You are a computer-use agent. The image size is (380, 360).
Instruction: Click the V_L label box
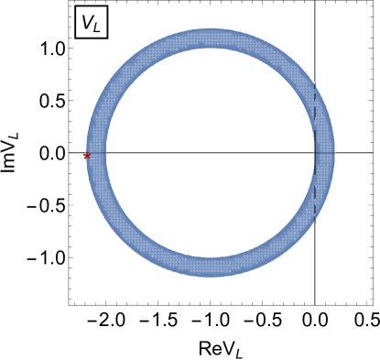pos(92,23)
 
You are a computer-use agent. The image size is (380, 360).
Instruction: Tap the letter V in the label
pos(88,22)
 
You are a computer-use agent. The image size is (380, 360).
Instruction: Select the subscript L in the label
pos(98,27)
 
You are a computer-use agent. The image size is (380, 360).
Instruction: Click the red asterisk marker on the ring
pos(87,156)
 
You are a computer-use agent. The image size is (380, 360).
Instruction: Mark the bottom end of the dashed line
pos(315,220)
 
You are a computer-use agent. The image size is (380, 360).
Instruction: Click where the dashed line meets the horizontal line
pos(315,152)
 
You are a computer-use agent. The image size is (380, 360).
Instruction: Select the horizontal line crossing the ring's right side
pos(325,152)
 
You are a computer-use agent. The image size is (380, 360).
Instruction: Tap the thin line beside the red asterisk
pos(97,154)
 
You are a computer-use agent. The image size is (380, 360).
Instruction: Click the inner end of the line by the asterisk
pos(107,154)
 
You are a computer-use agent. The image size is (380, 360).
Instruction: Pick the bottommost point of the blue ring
pos(211,278)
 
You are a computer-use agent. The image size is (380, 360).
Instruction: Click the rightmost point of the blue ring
pos(335,153)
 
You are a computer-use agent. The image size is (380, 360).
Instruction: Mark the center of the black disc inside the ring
pos(211,153)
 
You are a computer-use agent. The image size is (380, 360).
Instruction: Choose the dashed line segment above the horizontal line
pos(315,119)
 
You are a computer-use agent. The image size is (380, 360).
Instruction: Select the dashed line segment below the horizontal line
pos(315,187)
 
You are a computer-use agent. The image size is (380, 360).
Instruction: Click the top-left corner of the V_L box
pos(75,6)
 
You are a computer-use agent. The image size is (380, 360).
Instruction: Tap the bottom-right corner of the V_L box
pos(108,39)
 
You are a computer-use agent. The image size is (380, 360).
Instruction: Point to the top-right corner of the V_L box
pos(108,6)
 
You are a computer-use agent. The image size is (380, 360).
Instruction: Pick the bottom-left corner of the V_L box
pos(75,39)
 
